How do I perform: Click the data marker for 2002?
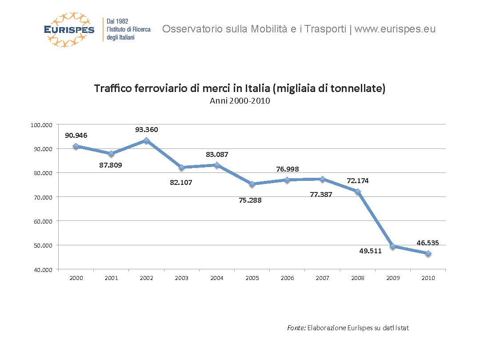pyautogui.click(x=146, y=140)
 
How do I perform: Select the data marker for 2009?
pyautogui.click(x=393, y=246)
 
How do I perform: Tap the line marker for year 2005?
pyautogui.click(x=252, y=184)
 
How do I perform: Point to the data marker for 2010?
pyautogui.click(x=428, y=253)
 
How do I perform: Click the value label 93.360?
pyautogui.click(x=146, y=130)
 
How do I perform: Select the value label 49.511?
pyautogui.click(x=370, y=251)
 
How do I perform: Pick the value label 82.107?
pyautogui.click(x=181, y=182)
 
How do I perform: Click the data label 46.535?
pyautogui.click(x=428, y=243)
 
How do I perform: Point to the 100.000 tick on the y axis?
pyautogui.click(x=41, y=125)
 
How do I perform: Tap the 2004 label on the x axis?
pyautogui.click(x=216, y=278)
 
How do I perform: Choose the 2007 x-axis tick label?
pyautogui.click(x=322, y=278)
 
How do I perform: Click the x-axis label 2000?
pyautogui.click(x=76, y=278)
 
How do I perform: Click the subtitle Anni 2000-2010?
pyautogui.click(x=240, y=101)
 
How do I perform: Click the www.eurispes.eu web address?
pyautogui.click(x=395, y=29)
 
